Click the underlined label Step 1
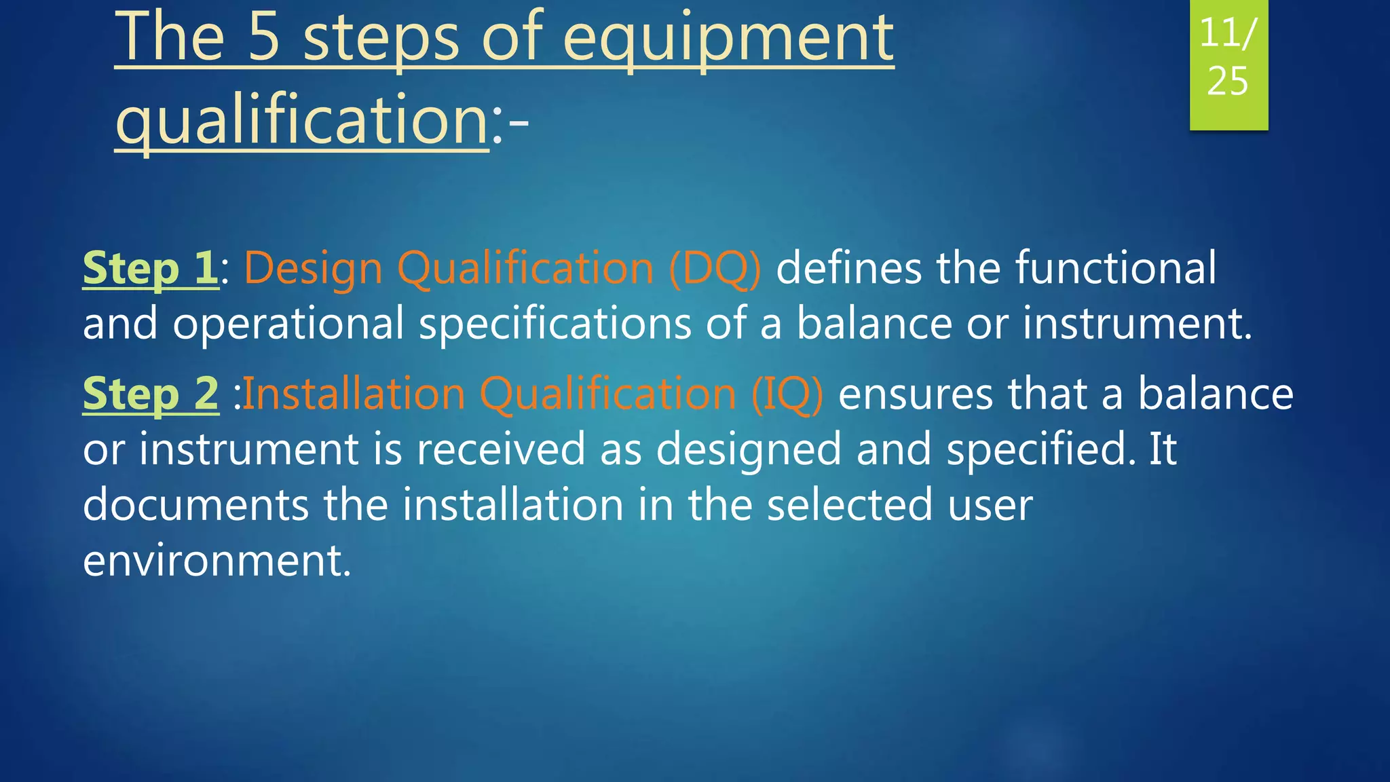tap(150, 268)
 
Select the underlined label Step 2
tap(151, 394)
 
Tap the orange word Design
tap(313, 268)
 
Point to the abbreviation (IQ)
tap(787, 394)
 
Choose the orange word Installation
tap(354, 394)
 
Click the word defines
tap(848, 268)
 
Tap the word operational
tap(288, 324)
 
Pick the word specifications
tap(555, 324)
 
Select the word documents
tap(195, 505)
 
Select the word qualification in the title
tap(302, 121)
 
